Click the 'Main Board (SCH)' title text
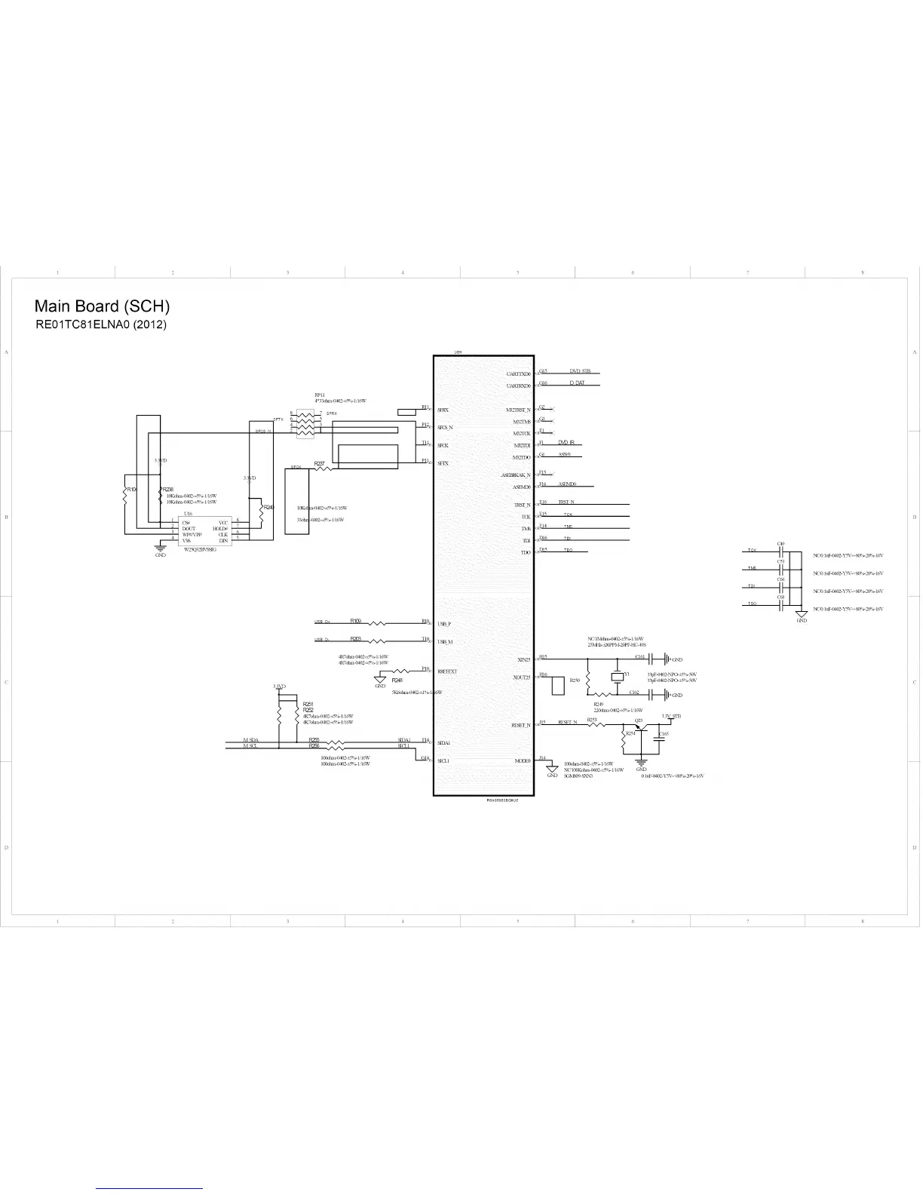(x=102, y=306)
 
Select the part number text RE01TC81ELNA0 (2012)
(x=101, y=325)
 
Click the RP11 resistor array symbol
(x=305, y=423)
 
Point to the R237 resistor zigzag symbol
(x=324, y=469)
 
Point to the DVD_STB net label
(x=580, y=371)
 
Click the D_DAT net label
(x=577, y=383)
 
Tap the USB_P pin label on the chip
(x=444, y=624)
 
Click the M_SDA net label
(x=250, y=740)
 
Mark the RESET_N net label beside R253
(x=567, y=722)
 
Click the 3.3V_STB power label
(x=671, y=715)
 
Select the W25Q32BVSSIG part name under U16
(x=200, y=550)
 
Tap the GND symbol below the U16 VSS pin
(x=160, y=549)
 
